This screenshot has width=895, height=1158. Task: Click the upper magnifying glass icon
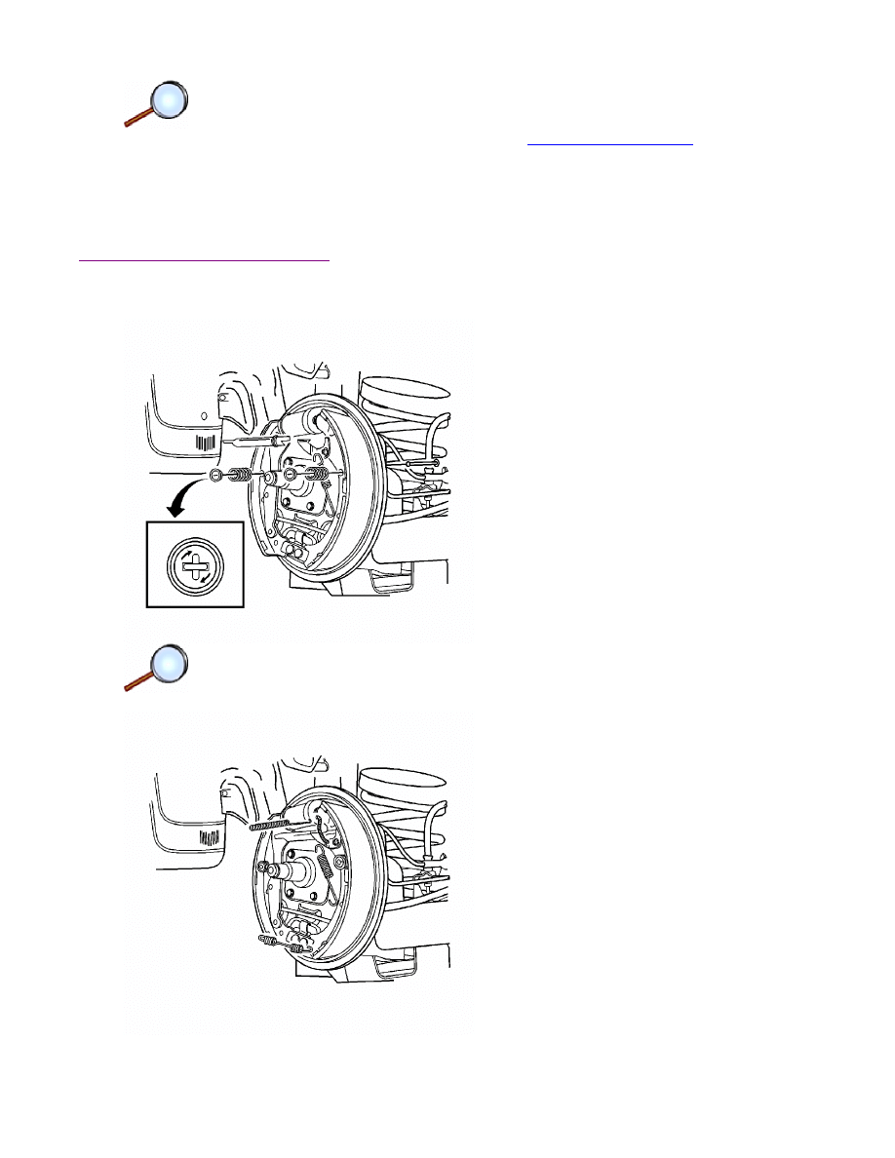[156, 104]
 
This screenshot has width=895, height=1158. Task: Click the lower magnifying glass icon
[156, 669]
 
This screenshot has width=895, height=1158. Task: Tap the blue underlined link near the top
[609, 141]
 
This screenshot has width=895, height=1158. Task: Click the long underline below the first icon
[205, 260]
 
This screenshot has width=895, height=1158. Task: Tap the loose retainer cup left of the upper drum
[214, 476]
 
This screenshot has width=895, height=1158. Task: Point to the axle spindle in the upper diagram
[292, 475]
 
